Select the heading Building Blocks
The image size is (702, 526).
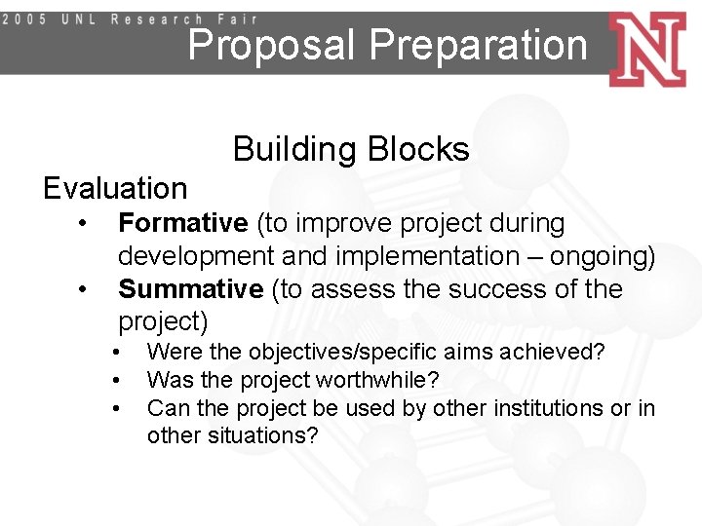(x=351, y=149)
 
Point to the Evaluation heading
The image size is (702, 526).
(x=115, y=187)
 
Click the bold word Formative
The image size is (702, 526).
(x=183, y=223)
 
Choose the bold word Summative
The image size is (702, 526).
(x=190, y=289)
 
